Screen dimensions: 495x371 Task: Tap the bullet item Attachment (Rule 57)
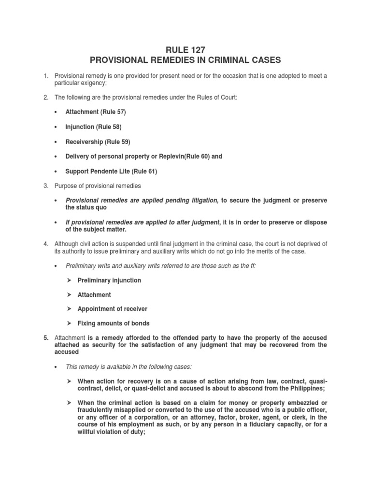click(x=96, y=112)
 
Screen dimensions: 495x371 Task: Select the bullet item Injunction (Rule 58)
click(x=93, y=127)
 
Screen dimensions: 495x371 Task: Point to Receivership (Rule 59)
click(x=98, y=142)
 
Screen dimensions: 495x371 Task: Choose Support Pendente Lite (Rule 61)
click(x=111, y=171)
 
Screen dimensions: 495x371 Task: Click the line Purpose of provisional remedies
click(x=98, y=186)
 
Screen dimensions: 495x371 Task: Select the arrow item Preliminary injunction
click(x=109, y=280)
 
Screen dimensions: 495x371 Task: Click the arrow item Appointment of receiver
click(x=112, y=309)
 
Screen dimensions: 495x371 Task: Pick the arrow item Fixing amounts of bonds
click(x=113, y=323)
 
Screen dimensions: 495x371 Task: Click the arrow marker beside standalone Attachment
click(x=69, y=295)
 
